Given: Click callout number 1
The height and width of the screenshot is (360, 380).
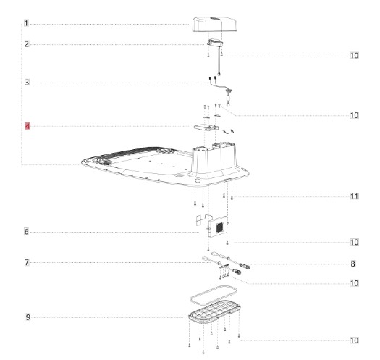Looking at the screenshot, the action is pos(26,23).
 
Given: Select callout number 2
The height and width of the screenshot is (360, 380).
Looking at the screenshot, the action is pos(26,44).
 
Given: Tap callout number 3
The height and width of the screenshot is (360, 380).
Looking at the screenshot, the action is pos(27,83).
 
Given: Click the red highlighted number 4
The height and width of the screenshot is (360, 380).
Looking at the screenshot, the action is pos(28,126).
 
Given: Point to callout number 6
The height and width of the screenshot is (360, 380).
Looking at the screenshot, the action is pos(26,232).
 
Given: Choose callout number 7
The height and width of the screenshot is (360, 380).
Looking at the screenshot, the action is pos(27,262).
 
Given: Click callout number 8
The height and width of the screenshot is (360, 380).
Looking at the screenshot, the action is pos(353,264).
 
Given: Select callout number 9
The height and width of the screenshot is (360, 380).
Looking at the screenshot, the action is pos(28,317).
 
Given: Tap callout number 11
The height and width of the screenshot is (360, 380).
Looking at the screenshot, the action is pos(355,196).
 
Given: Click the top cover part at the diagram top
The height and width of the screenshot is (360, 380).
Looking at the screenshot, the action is pos(214,24).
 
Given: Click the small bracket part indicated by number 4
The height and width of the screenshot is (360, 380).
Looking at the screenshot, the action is pos(206,127).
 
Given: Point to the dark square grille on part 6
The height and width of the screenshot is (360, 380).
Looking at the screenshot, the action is pos(219,227).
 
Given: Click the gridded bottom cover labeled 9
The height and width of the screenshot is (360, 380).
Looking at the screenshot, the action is pos(214,312).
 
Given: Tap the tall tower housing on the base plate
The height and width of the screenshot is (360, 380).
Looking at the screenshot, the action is pos(214,161).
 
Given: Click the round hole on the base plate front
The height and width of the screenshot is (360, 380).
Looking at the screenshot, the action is pos(198,180).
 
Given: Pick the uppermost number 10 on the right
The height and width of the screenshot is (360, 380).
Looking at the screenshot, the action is pos(355,56).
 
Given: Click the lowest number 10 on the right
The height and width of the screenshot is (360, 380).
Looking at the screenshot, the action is pos(355,340).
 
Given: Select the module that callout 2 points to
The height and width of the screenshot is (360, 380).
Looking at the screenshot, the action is pos(215,43).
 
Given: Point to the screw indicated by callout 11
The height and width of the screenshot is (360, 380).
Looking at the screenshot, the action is pos(232,197).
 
